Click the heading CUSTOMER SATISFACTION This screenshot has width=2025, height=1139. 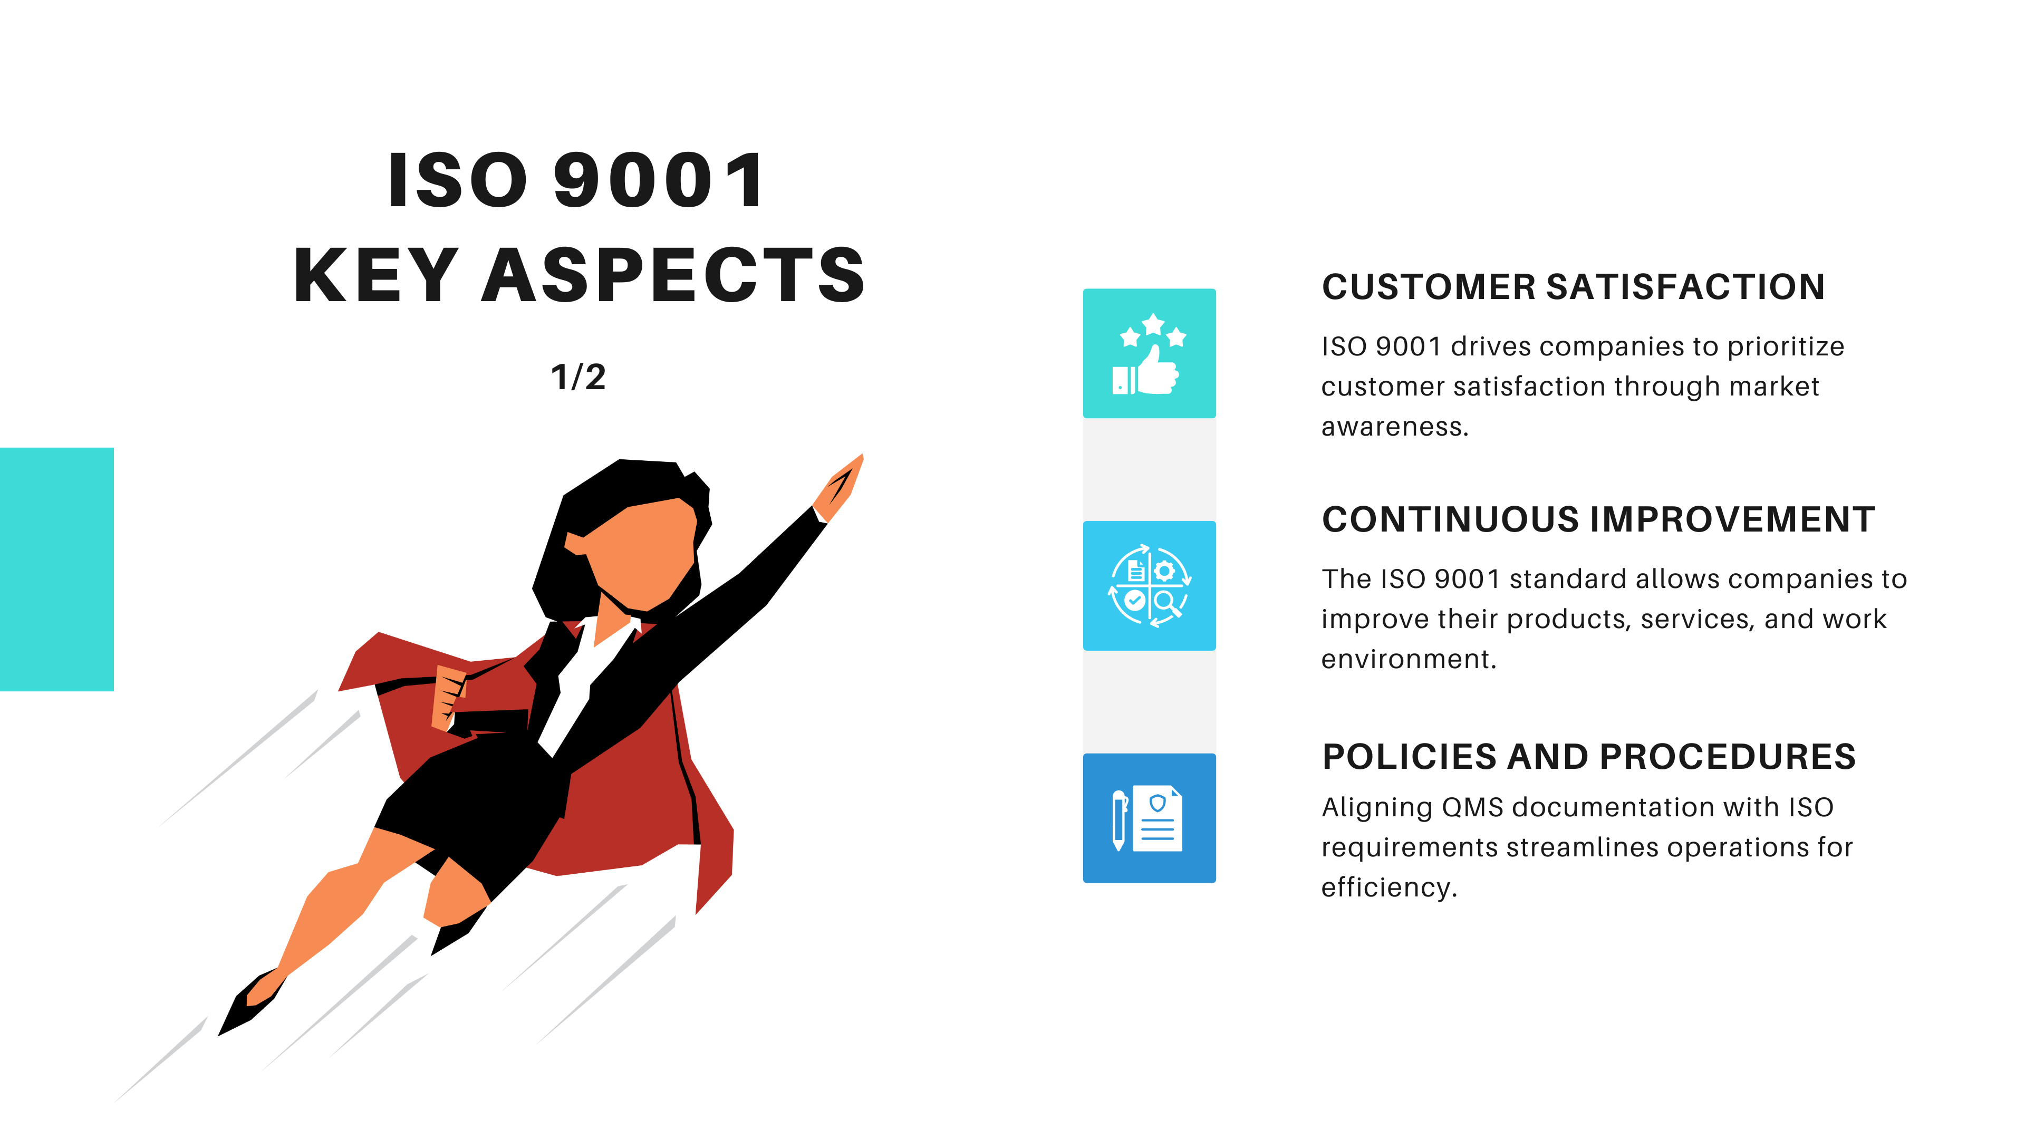1573,287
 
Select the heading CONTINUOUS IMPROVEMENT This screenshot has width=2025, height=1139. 1598,519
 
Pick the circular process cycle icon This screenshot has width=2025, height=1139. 1149,586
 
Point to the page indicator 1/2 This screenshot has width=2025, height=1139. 578,377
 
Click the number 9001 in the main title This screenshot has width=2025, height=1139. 659,181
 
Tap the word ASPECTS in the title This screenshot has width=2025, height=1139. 674,275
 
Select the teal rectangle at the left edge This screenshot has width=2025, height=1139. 56,569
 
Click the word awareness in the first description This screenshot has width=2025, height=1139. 1394,427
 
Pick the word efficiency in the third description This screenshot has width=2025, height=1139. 1389,887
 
